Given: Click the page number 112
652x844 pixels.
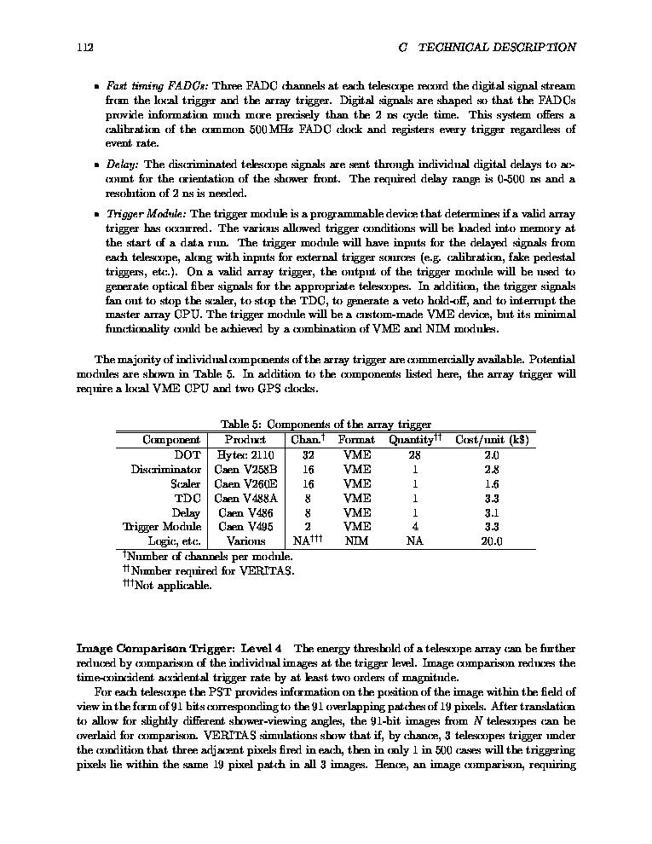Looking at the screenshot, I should (84, 48).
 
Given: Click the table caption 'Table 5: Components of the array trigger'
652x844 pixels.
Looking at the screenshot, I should (326, 425).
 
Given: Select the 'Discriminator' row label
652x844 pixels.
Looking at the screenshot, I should (166, 470).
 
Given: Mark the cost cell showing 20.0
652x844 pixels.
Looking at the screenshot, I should (492, 541).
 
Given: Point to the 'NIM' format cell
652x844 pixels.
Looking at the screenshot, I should (356, 541).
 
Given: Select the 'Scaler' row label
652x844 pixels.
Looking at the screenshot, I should (186, 484).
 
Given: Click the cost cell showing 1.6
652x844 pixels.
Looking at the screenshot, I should (492, 484).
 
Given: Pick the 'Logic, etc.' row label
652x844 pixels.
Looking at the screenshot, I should (175, 541).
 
